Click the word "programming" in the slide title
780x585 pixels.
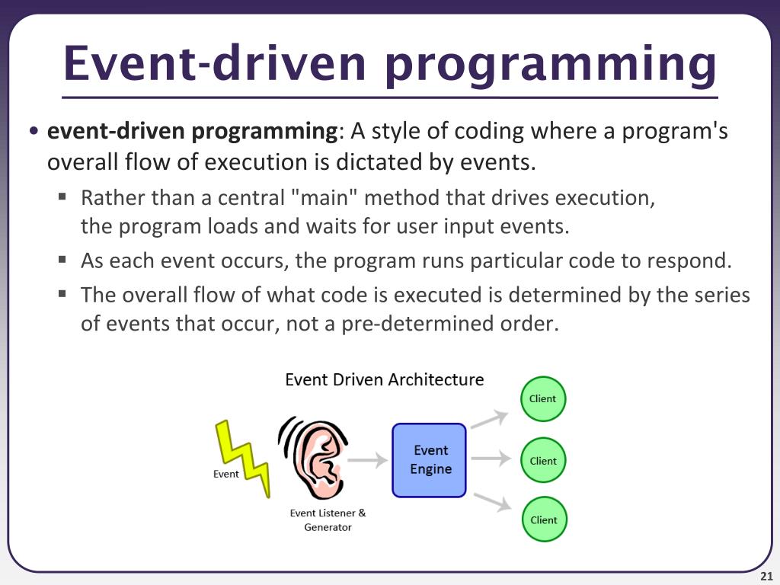click(x=550, y=64)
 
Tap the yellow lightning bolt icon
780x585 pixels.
click(x=243, y=458)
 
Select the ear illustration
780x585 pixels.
click(x=314, y=458)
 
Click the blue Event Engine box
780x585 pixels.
click(x=429, y=460)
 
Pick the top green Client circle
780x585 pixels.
click(x=543, y=398)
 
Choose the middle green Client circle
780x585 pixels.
click(x=543, y=460)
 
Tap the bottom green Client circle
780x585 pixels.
click(x=544, y=519)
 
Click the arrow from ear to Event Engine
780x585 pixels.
click(x=371, y=459)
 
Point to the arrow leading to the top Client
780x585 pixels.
click(x=489, y=418)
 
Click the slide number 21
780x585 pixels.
click(x=766, y=574)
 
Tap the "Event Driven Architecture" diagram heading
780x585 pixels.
click(x=384, y=379)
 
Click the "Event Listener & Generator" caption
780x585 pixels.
click(x=328, y=520)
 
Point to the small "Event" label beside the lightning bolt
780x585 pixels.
click(x=225, y=474)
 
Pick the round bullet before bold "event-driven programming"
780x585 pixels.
click(x=35, y=132)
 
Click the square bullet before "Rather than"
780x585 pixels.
click(x=63, y=197)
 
